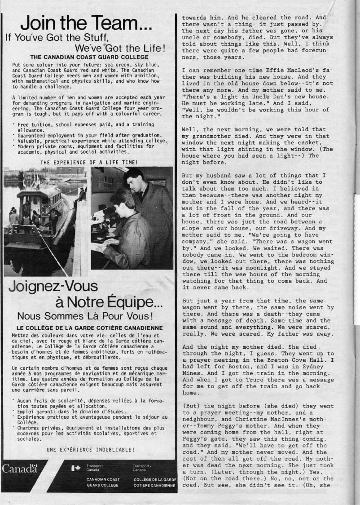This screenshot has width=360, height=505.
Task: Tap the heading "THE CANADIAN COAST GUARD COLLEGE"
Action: tap(88, 57)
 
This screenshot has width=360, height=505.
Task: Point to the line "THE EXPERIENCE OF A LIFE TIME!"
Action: tap(88, 162)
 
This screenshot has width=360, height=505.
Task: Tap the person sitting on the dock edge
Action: tap(81, 194)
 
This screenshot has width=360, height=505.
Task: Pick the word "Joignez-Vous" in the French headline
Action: tap(53, 285)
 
